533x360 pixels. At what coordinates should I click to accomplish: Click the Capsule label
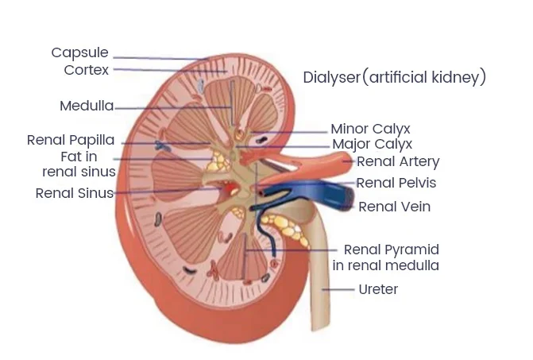tap(79, 53)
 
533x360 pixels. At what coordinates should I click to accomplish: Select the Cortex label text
tap(86, 70)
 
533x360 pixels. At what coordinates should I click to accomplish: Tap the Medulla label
tap(87, 106)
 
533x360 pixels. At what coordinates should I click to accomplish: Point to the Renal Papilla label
tap(71, 140)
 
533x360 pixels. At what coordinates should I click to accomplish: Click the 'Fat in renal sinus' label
tap(79, 164)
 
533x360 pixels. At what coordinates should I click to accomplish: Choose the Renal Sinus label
tap(74, 193)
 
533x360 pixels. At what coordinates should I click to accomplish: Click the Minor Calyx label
tap(371, 129)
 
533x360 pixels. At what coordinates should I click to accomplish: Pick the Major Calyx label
tap(372, 144)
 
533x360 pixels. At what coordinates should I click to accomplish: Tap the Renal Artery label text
tap(398, 162)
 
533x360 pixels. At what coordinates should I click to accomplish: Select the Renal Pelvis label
tap(396, 183)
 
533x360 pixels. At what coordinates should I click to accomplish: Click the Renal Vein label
tap(395, 207)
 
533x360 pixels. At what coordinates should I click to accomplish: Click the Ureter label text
tap(378, 289)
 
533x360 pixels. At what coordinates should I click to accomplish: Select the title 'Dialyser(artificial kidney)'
tap(394, 77)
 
